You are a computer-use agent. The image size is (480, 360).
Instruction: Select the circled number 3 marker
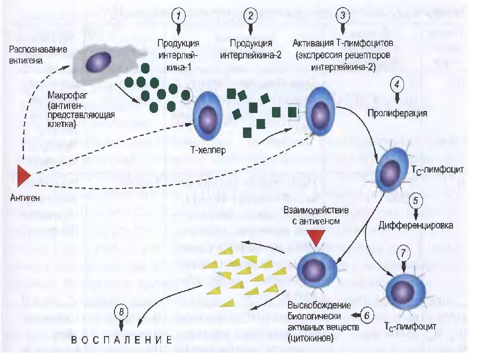(342, 15)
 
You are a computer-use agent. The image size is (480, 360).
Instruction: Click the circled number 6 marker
(366, 315)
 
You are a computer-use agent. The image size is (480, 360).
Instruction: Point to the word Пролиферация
(397, 113)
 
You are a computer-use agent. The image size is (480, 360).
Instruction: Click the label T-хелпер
(208, 149)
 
